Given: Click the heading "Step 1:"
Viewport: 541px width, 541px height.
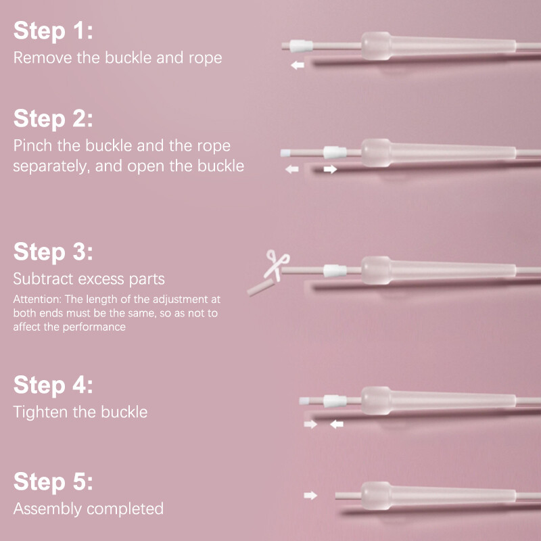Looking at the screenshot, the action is [53, 30].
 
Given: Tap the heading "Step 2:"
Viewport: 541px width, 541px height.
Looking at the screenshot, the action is [53, 118].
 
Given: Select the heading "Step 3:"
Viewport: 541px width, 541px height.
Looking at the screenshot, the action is [53, 252].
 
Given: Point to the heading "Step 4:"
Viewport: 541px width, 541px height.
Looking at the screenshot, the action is [53, 385].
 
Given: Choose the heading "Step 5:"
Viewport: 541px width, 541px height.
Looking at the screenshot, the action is [53, 481].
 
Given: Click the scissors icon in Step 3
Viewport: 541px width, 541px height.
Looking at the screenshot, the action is [277, 265].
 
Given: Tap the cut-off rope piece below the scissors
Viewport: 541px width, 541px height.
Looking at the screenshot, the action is [261, 288].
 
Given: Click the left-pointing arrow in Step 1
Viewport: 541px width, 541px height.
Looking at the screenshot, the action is [298, 65].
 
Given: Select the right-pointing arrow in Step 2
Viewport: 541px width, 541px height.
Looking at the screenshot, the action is [330, 169].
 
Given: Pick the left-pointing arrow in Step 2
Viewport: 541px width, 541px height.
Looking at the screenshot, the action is [292, 169].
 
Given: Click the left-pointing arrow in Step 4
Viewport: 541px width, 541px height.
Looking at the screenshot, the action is [336, 424].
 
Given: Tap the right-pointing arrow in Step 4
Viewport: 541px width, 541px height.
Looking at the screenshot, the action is [310, 424].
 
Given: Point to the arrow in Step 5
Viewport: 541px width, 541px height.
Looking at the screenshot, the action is [310, 496].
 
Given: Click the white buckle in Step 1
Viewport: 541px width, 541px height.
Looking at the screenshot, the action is [301, 46].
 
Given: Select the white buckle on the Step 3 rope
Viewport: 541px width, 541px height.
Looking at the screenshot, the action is [335, 271].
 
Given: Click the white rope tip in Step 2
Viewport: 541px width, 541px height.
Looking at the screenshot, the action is [285, 153].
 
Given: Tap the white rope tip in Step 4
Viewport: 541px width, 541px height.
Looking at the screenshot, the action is [304, 401].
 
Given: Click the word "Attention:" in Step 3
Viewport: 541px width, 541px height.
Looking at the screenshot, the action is [37, 299].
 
